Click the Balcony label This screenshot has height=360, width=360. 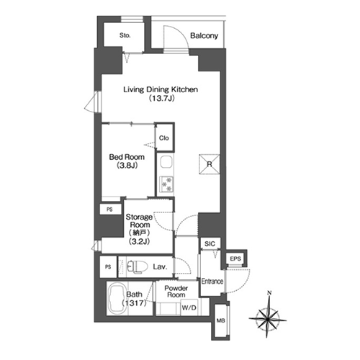(204, 36)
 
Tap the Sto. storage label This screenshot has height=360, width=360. (125, 35)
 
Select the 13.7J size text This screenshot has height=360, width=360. (161, 98)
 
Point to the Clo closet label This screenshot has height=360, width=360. (164, 138)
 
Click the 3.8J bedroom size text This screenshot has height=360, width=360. (127, 166)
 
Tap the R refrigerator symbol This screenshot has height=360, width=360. (210, 164)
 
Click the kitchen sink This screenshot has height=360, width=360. (166, 163)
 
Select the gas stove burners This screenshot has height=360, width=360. (166, 184)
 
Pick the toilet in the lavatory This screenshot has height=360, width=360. (137, 266)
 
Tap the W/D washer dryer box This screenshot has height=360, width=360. (189, 307)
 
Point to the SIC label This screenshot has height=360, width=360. (210, 244)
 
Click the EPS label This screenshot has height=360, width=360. (235, 258)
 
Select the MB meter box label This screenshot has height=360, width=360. (220, 320)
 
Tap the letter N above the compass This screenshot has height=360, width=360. (269, 292)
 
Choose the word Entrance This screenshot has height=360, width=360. (212, 281)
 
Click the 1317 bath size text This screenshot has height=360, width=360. (134, 303)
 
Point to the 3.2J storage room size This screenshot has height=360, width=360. (139, 241)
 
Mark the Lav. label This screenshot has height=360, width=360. (160, 266)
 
